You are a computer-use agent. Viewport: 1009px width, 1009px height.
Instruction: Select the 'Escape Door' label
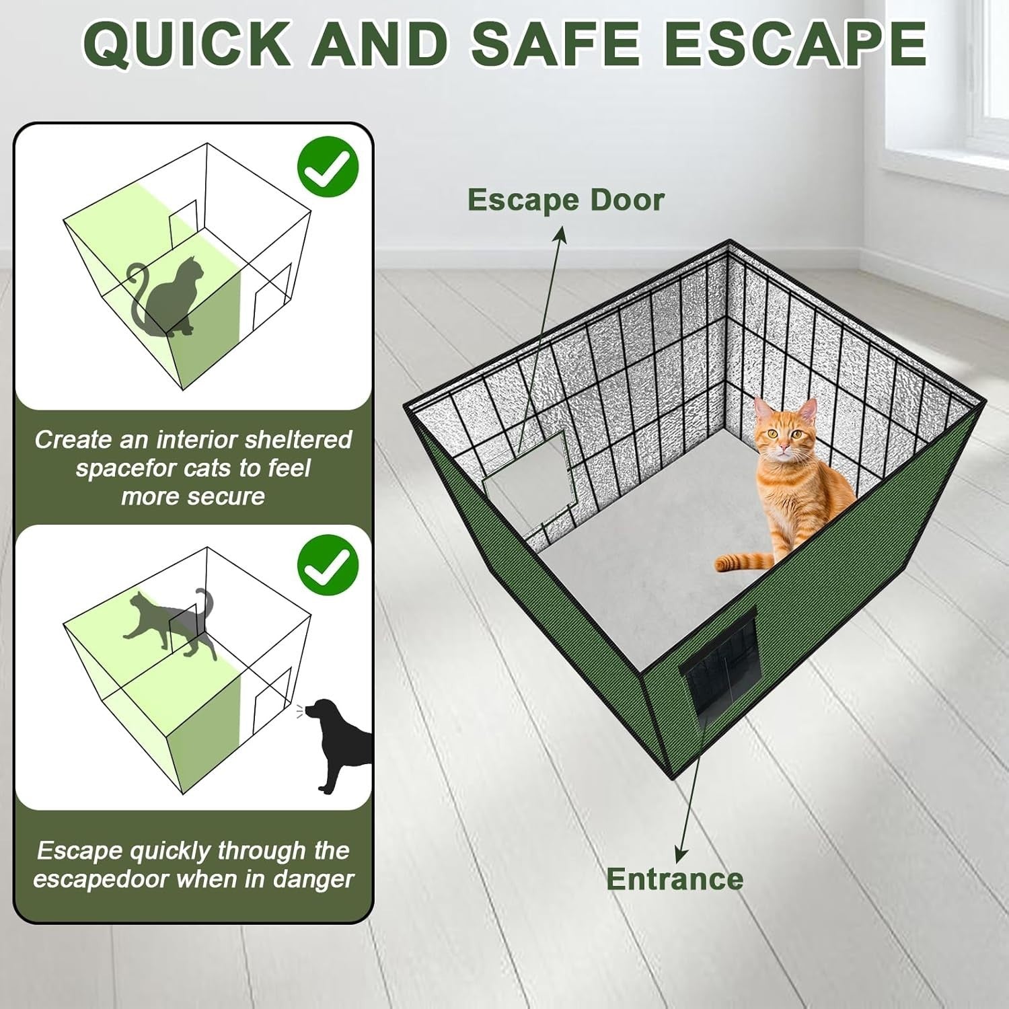coord(565,200)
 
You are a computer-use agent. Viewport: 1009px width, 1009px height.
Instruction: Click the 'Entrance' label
coord(674,879)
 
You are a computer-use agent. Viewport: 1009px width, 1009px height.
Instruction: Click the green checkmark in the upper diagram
coord(328,166)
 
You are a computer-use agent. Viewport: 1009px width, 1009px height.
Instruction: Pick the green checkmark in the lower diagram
coord(328,564)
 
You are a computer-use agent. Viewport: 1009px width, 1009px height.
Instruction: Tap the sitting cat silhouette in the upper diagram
coord(172,296)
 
